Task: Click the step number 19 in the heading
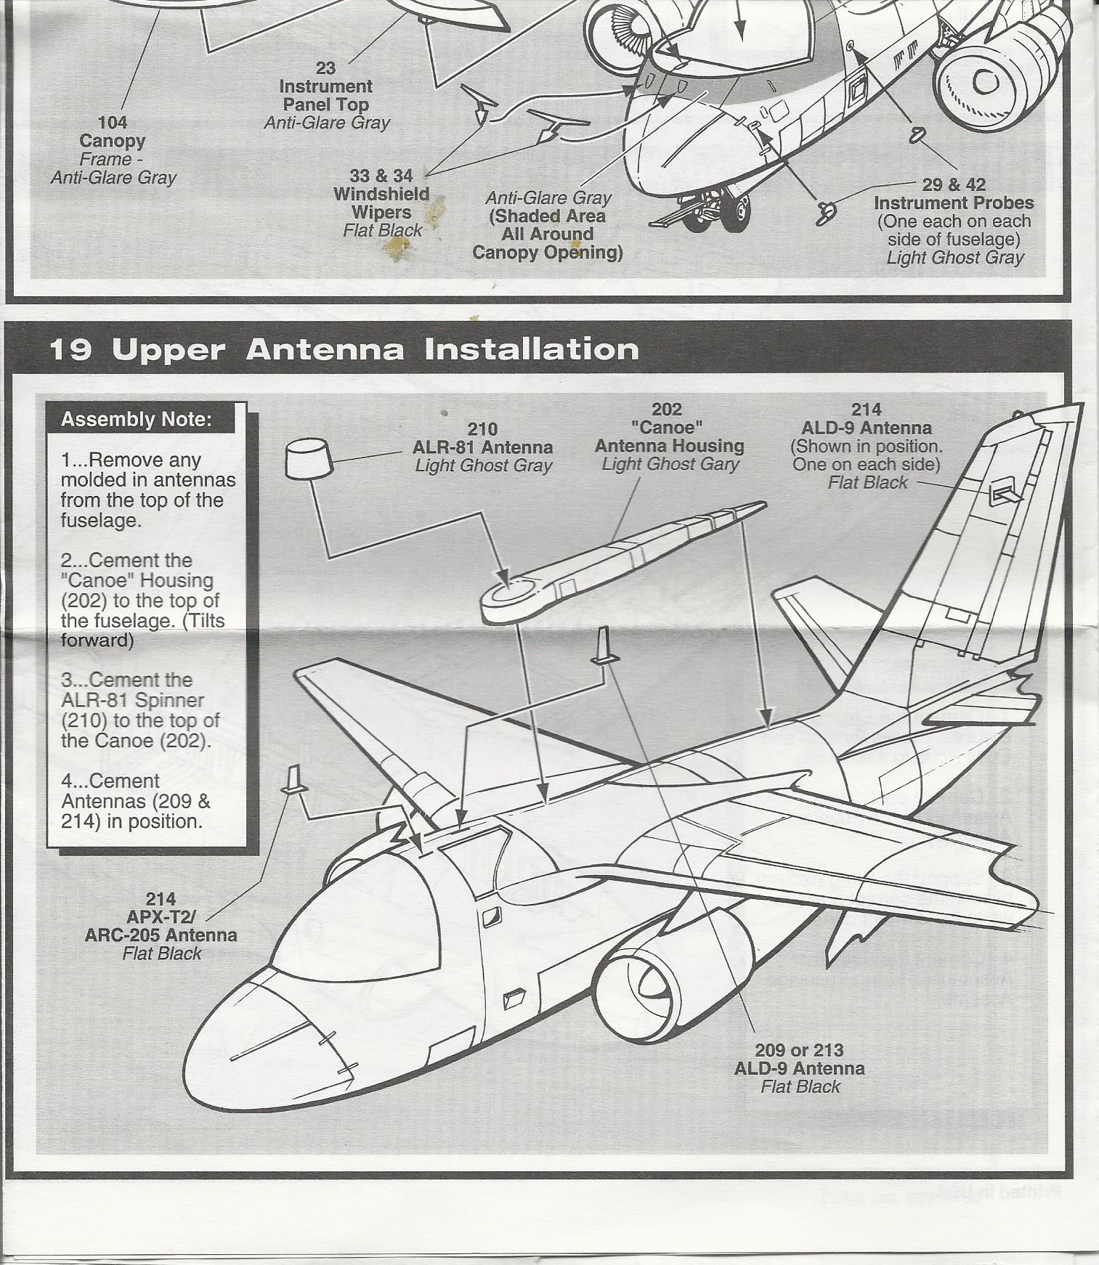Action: [x=71, y=350]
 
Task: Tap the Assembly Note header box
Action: [x=136, y=420]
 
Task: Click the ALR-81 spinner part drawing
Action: [x=309, y=457]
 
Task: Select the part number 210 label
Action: [x=482, y=428]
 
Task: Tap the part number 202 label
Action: [x=666, y=409]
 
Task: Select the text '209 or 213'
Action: [x=799, y=1050]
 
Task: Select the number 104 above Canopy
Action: [x=113, y=123]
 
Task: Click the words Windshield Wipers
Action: [x=381, y=203]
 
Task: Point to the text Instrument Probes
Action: [x=954, y=203]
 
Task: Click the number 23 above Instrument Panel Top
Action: [x=325, y=68]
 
